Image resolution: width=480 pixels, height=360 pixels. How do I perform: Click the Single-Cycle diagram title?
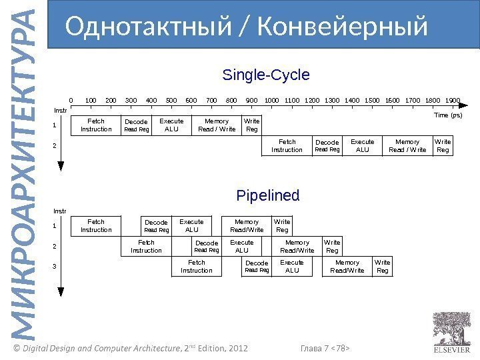(x=265, y=74)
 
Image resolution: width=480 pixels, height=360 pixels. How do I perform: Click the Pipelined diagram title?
(x=268, y=196)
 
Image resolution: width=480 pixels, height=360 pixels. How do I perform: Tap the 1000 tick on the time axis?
(x=272, y=100)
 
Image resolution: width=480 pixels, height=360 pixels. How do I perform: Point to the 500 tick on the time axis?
(x=171, y=100)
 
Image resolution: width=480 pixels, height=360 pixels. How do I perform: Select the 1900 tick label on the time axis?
(x=453, y=100)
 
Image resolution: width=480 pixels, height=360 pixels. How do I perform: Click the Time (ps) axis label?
(x=448, y=115)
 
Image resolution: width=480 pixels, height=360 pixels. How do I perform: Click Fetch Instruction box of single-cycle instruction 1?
(x=96, y=125)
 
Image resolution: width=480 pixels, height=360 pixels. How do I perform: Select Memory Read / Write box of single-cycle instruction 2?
(x=407, y=146)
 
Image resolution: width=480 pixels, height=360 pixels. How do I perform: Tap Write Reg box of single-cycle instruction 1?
(x=252, y=125)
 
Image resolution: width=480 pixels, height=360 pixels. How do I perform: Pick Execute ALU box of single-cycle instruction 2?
(x=363, y=146)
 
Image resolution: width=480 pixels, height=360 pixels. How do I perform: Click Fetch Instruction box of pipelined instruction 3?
(x=197, y=267)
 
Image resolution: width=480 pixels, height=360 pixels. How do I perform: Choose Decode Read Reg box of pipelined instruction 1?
(x=156, y=226)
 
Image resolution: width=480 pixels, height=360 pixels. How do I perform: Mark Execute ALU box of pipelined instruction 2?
(x=241, y=247)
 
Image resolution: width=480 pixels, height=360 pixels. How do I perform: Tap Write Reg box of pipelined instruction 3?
(x=383, y=267)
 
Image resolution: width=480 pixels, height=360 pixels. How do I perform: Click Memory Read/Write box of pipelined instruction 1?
(x=247, y=226)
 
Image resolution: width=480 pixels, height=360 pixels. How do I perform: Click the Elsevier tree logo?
(x=451, y=327)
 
